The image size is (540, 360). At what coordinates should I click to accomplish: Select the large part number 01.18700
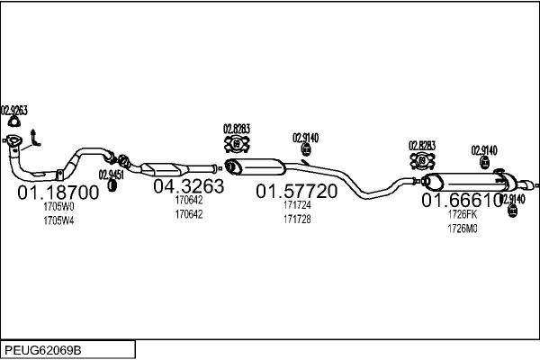click(x=58, y=193)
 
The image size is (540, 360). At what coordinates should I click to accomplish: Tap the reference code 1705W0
click(x=58, y=208)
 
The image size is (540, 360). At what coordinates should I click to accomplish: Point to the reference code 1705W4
click(x=58, y=221)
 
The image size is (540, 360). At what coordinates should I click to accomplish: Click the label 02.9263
click(x=13, y=110)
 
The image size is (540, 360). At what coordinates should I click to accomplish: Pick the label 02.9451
click(x=112, y=174)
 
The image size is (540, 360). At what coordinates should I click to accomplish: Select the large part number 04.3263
click(x=188, y=186)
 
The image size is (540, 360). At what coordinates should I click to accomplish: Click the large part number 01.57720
click(x=297, y=191)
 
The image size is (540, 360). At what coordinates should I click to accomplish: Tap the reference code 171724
click(x=297, y=206)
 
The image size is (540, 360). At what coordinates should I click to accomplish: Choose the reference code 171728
click(x=297, y=220)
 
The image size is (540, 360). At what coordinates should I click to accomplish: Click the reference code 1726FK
click(x=463, y=215)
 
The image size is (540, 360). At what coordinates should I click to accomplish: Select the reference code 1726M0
click(x=463, y=229)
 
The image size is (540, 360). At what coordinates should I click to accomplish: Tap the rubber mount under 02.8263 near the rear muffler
click(x=421, y=160)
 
